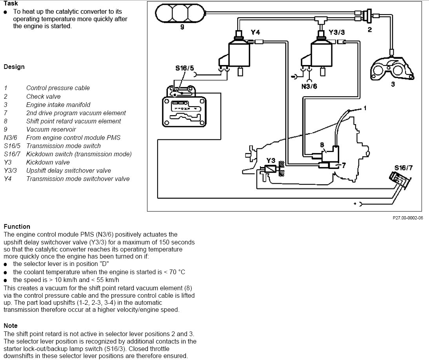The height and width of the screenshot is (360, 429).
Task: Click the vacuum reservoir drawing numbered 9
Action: [180, 13]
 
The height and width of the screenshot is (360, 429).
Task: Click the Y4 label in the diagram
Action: [255, 32]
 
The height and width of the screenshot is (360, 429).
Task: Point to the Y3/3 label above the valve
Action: [336, 32]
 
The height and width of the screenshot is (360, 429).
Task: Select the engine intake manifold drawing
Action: [391, 68]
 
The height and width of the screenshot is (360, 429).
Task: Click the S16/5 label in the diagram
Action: [184, 68]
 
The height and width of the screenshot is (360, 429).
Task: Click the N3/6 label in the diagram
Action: [309, 87]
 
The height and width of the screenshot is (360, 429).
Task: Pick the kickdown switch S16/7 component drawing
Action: [400, 180]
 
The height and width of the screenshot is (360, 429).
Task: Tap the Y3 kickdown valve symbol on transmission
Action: [271, 169]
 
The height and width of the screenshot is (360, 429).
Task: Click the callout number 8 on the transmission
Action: [322, 145]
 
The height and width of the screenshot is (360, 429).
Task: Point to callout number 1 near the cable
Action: [365, 108]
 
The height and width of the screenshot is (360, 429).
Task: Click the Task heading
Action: [11, 3]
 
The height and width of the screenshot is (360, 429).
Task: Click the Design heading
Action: [14, 67]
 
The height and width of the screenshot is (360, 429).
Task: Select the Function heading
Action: [17, 226]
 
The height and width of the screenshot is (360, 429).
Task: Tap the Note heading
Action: [11, 326]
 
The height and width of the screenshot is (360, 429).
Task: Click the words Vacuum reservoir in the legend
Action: [51, 129]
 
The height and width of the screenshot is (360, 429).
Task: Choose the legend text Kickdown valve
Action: [48, 162]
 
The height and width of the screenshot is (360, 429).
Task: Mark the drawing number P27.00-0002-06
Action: [408, 218]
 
